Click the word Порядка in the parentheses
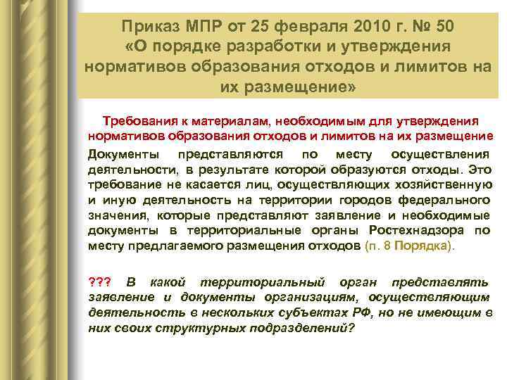(430, 246)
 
